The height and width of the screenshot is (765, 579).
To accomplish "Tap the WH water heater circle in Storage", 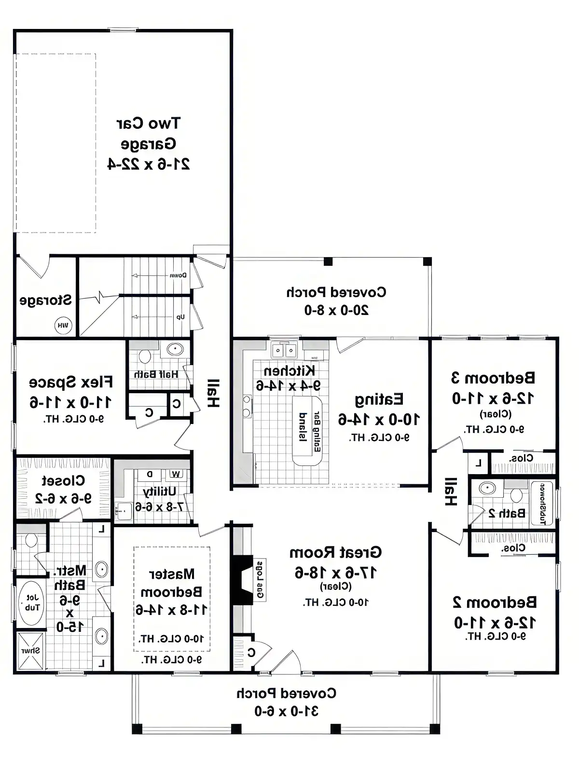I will tap(63, 326).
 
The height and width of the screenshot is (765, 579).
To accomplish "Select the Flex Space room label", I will tap(71, 382).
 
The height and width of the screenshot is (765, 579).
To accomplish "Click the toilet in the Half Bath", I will tap(144, 357).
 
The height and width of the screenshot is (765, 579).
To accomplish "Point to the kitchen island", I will tap(307, 431).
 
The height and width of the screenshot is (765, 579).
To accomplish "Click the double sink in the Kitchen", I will tap(284, 350).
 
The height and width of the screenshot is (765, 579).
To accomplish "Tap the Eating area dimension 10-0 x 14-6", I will tap(379, 419).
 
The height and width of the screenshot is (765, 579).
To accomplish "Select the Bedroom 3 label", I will tap(493, 377).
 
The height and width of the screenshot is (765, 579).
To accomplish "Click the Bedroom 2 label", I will tap(495, 602).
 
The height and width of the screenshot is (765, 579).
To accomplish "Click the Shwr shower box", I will tap(30, 651).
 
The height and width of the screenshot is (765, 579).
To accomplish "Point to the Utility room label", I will tap(160, 491).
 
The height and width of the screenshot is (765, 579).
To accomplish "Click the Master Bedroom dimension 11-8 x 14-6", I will tap(171, 610).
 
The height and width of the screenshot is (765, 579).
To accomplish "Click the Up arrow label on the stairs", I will tap(180, 317).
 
